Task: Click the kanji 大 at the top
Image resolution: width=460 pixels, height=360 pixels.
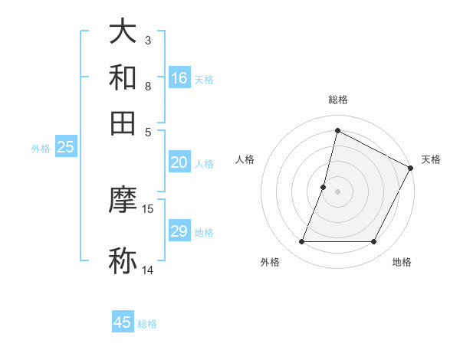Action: (123, 33)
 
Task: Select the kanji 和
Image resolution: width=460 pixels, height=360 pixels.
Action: (123, 77)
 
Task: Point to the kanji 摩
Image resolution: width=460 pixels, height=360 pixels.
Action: (123, 200)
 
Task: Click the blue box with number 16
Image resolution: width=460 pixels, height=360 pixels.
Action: (179, 77)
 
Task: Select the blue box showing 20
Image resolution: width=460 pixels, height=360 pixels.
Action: (179, 162)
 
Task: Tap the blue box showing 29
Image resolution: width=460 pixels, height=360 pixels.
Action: (179, 231)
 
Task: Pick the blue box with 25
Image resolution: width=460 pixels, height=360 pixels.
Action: (65, 148)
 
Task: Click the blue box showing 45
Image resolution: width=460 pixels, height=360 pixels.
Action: (122, 322)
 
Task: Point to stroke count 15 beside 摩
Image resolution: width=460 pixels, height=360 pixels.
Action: (148, 208)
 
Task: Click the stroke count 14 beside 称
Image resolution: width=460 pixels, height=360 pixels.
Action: (148, 270)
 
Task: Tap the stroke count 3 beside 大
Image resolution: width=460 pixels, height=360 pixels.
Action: (147, 40)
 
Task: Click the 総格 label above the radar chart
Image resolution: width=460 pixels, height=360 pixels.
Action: (337, 100)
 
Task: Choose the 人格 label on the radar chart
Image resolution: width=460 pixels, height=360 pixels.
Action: (245, 159)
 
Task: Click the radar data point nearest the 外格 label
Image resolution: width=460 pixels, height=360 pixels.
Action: (301, 242)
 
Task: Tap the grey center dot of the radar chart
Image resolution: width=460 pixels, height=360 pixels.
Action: (337, 191)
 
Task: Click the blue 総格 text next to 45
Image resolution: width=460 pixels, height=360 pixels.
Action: (147, 324)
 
